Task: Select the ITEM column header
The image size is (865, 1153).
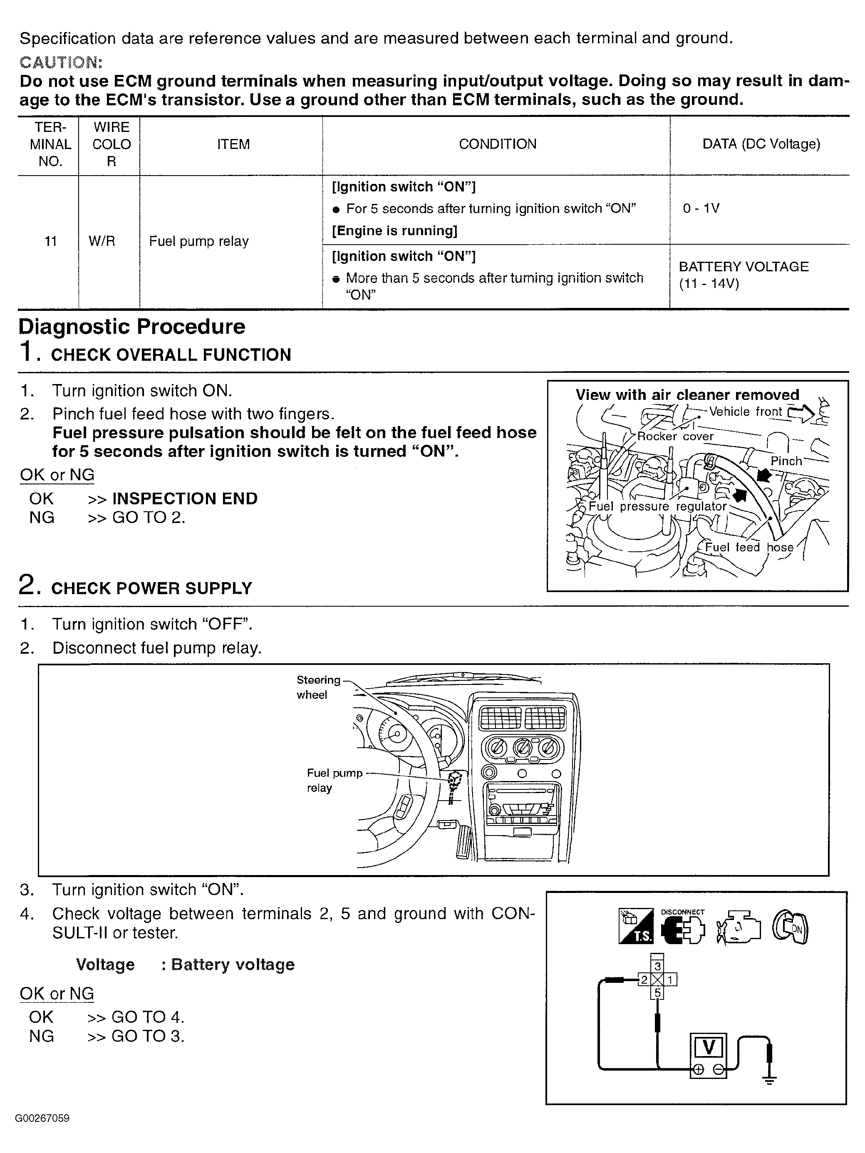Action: coord(233,144)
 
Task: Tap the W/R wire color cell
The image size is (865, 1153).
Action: coord(102,241)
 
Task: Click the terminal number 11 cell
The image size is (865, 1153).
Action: coord(50,241)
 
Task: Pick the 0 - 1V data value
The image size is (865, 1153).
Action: coord(701,208)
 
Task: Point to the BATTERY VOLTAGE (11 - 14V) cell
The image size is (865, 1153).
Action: coord(744,275)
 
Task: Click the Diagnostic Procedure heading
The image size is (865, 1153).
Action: coord(132,327)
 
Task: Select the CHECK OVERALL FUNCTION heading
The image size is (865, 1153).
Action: coord(171,355)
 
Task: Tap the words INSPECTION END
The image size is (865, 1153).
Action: coord(185,499)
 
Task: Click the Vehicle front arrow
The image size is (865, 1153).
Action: coord(801,413)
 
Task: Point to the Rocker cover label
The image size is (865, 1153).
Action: coord(675,437)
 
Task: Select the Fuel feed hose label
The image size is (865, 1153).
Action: coord(749,547)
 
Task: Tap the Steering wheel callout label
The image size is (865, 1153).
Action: coord(317,687)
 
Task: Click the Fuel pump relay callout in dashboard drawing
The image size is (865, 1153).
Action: coord(334,780)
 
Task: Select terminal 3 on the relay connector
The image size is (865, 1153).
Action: coord(658,967)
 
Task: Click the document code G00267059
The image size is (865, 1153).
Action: coord(42,1118)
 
